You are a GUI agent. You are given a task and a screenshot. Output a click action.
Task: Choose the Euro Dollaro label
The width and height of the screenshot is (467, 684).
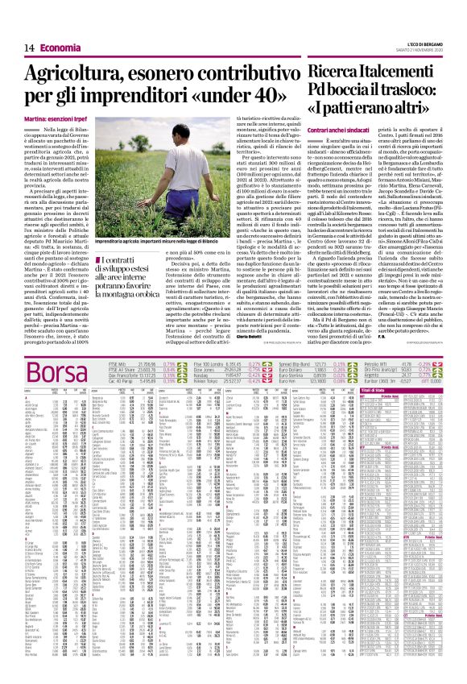295,370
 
